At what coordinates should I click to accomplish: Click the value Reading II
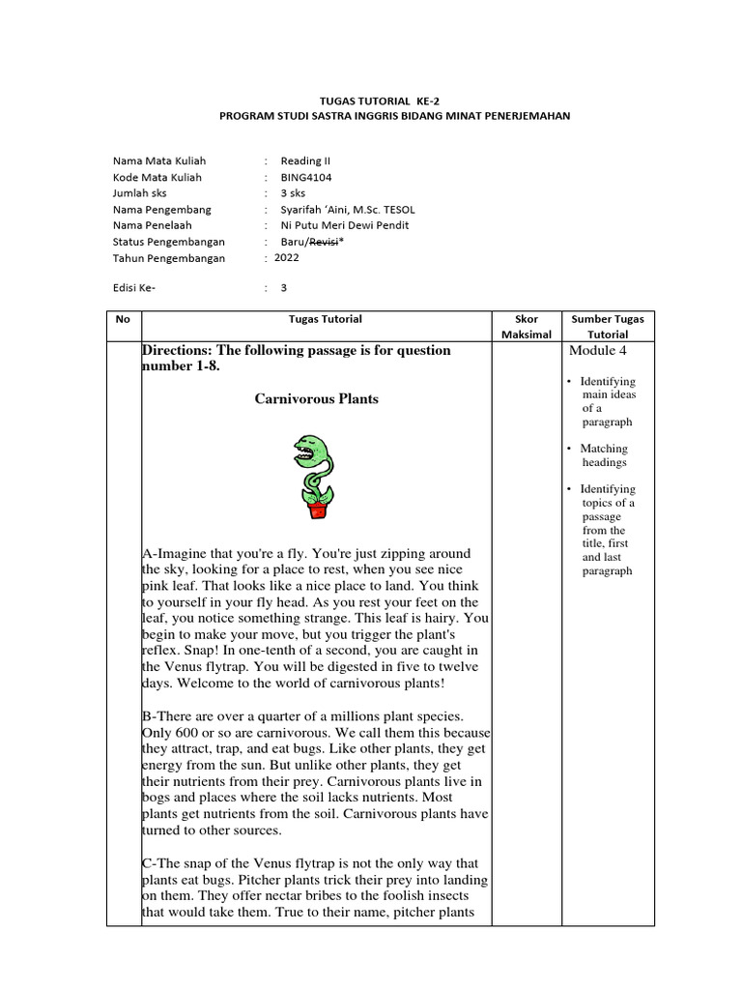pyautogui.click(x=305, y=160)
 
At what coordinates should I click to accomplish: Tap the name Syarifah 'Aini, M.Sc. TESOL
pyautogui.click(x=347, y=210)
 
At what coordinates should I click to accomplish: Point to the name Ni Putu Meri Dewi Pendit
pyautogui.click(x=344, y=225)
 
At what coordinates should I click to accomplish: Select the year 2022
pyautogui.click(x=287, y=258)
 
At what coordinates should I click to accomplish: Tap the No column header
pyautogui.click(x=124, y=318)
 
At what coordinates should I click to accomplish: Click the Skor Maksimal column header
pyautogui.click(x=528, y=326)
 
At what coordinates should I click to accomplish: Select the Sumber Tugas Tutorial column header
pyautogui.click(x=607, y=326)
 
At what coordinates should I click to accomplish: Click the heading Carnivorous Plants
pyautogui.click(x=316, y=398)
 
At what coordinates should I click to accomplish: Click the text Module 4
pyautogui.click(x=598, y=350)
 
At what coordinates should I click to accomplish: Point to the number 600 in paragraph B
pyautogui.click(x=193, y=732)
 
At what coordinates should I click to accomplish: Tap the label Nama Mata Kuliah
pyautogui.click(x=158, y=160)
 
